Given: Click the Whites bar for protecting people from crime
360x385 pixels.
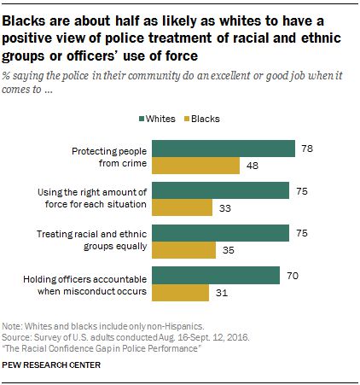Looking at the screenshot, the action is pos(224,149).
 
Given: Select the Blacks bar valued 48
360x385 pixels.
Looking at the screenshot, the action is pos(195,166).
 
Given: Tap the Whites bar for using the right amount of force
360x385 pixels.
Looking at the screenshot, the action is pos(220,190).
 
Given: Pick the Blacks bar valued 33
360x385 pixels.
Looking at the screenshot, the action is pos(182,207).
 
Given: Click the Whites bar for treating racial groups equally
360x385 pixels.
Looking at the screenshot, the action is pos(220,233).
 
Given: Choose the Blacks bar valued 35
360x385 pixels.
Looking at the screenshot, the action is pos(183,250).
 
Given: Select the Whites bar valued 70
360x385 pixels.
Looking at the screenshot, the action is pos(216,276).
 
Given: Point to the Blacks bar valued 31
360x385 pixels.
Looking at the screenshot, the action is pos(180,293).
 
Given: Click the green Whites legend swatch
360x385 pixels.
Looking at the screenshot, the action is pos(142,119).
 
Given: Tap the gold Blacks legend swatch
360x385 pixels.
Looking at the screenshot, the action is pos(187,119).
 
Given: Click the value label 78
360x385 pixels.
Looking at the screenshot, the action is pos(307,149).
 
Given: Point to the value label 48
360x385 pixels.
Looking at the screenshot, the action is pos(253,166).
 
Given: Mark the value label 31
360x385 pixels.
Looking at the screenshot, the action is pos(222,293).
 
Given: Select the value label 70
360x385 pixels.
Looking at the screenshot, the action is pos(293,276).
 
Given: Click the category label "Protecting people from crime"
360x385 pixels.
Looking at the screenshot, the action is pos(109,157).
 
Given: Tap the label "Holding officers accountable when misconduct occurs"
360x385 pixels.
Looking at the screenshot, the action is pos(85,285).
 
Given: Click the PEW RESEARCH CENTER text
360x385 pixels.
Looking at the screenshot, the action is pos(51,365).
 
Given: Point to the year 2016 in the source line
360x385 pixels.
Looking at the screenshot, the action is pos(238,337).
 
